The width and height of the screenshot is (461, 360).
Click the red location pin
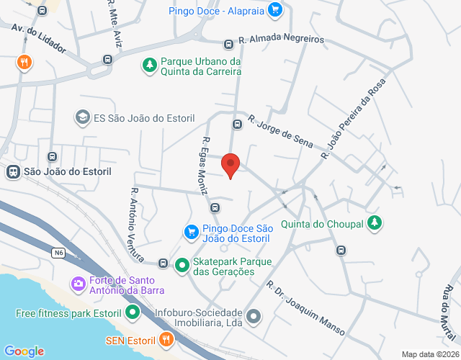[230, 165]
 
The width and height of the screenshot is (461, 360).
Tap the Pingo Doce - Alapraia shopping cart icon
[274, 10]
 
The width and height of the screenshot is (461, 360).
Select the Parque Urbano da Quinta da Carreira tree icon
[150, 66]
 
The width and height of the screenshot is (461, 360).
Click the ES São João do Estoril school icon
[83, 117]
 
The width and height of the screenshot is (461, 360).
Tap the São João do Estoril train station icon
[13, 171]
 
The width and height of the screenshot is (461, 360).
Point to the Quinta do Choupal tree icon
[374, 223]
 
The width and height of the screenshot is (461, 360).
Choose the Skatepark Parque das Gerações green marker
[182, 265]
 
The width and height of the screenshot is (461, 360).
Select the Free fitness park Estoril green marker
[132, 313]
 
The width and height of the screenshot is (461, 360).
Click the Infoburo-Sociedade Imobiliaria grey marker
[253, 315]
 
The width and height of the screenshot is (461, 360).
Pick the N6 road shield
[58, 253]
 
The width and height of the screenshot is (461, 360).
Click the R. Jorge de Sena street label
[280, 131]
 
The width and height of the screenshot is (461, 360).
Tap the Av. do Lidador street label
[38, 38]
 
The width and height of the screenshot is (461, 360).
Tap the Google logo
[24, 351]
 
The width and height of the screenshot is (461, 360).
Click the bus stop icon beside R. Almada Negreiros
[228, 43]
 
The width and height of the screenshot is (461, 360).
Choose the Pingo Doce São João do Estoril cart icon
[192, 232]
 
